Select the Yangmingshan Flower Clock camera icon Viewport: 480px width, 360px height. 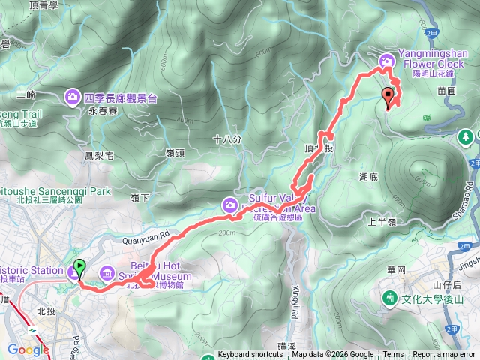coord(387,61)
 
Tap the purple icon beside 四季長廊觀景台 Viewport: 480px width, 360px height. coord(73,95)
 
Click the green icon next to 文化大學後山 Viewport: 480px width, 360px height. coord(390,298)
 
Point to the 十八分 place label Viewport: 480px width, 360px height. coord(227,139)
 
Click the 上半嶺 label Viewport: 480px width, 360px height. coord(382,222)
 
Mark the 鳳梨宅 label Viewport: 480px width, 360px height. coord(99,156)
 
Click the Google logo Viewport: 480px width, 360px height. coord(28,349)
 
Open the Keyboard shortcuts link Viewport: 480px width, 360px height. coord(250,355)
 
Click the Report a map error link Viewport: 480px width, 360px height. coord(444,355)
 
